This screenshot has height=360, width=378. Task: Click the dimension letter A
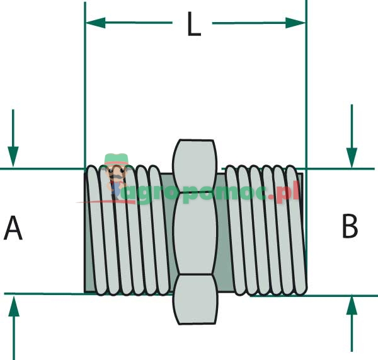(x=13, y=228)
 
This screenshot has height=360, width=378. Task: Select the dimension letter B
(x=350, y=226)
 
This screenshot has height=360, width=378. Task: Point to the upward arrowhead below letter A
(x=13, y=306)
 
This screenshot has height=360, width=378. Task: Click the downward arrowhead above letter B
(x=352, y=157)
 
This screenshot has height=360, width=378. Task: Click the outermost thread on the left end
(x=94, y=230)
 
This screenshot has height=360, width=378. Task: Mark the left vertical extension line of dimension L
(x=85, y=95)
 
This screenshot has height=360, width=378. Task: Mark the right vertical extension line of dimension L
(x=306, y=95)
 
